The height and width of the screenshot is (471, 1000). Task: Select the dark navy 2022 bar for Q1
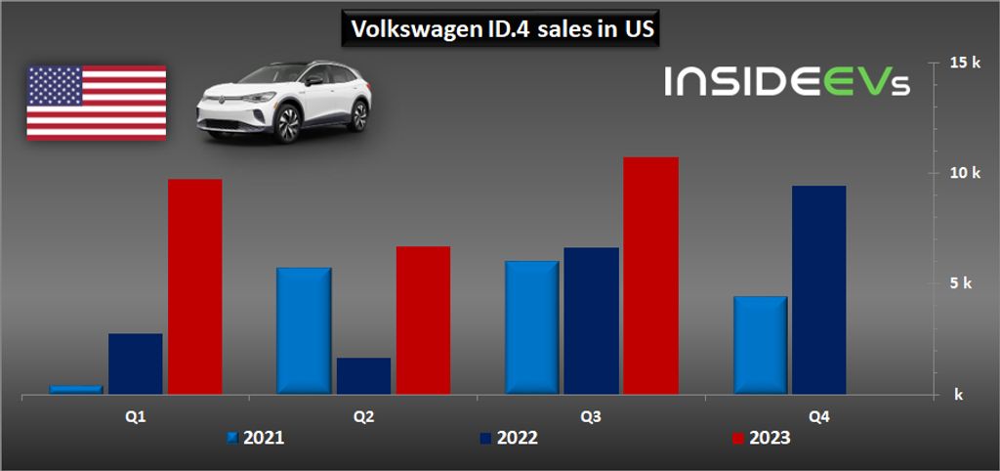coord(136,364)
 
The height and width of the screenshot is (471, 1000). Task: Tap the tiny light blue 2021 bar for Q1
coord(76,389)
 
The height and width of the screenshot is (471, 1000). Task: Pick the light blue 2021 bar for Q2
coord(304,330)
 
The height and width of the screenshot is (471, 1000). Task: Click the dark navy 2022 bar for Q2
coord(363,376)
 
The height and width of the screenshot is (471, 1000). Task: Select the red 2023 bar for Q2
coord(423,320)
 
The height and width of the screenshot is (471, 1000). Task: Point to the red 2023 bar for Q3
coord(650,276)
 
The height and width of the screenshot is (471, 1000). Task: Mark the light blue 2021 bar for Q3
coord(531,327)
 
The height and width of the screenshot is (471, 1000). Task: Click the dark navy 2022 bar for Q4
coord(818,289)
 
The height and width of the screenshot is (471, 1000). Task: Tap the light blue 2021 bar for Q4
coord(759,345)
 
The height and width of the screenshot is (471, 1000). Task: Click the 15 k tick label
coord(965,63)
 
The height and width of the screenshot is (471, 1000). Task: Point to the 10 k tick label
coord(965,173)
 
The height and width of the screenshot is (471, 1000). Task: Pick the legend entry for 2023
coord(762,438)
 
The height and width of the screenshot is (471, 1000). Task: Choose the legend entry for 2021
coord(256,438)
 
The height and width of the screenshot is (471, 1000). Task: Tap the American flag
coord(96,102)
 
